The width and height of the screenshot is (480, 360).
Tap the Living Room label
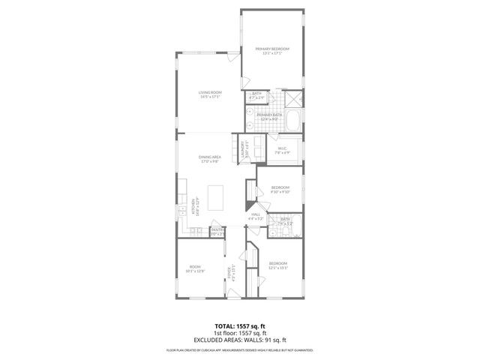(x=210, y=94)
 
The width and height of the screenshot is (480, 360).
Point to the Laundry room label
(x=243, y=148)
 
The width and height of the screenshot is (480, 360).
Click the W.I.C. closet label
(x=283, y=150)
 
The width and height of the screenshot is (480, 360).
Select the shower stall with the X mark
(x=294, y=97)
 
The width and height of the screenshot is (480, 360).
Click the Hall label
(x=256, y=216)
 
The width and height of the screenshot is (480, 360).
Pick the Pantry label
(x=217, y=231)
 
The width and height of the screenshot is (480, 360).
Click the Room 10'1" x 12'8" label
(x=195, y=268)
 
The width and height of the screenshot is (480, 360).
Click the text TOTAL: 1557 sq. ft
(x=239, y=326)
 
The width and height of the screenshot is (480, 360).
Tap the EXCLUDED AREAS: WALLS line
(x=239, y=339)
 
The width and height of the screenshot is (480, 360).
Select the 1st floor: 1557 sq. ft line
(x=239, y=333)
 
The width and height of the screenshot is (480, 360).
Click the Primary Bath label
(x=270, y=116)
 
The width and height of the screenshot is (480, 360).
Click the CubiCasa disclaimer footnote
(x=239, y=349)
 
